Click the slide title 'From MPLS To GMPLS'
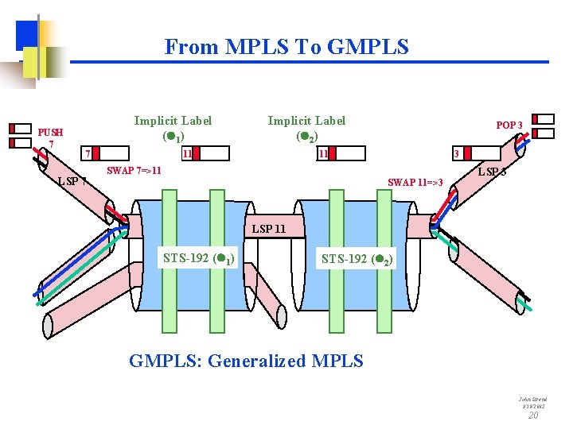pyautogui.click(x=286, y=47)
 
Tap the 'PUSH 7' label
pyautogui.click(x=50, y=137)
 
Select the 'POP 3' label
pyautogui.click(x=509, y=126)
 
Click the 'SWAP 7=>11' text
pyautogui.click(x=134, y=170)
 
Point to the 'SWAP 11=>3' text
pyautogui.click(x=415, y=183)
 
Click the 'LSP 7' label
pyautogui.click(x=72, y=181)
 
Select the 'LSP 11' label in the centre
pyautogui.click(x=268, y=230)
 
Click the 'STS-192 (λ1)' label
pyautogui.click(x=198, y=257)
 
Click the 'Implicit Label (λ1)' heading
pyautogui.click(x=173, y=128)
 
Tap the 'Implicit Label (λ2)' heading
pyautogui.click(x=306, y=128)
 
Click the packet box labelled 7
pyautogui.click(x=106, y=153)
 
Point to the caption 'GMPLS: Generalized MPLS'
pyautogui.click(x=246, y=361)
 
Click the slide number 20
pyautogui.click(x=533, y=415)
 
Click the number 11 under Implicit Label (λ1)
pyautogui.click(x=186, y=153)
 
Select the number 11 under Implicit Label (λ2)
pyautogui.click(x=323, y=153)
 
